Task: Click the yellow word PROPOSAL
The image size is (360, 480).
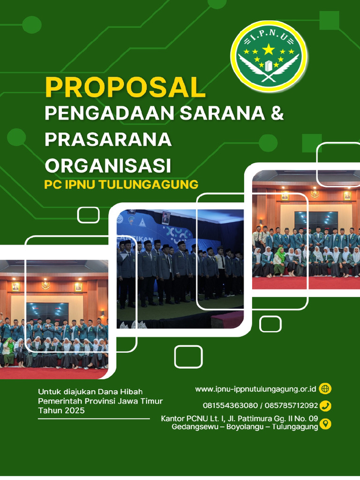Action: (x=125, y=88)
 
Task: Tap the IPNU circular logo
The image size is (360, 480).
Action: (x=269, y=57)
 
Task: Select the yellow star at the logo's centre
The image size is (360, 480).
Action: (x=269, y=49)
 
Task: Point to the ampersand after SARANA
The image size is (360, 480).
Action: (x=277, y=114)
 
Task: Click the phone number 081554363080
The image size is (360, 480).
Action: (x=230, y=405)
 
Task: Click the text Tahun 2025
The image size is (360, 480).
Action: (x=61, y=411)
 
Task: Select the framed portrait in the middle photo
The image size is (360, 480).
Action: (x=166, y=217)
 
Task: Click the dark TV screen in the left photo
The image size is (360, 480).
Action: (x=47, y=311)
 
